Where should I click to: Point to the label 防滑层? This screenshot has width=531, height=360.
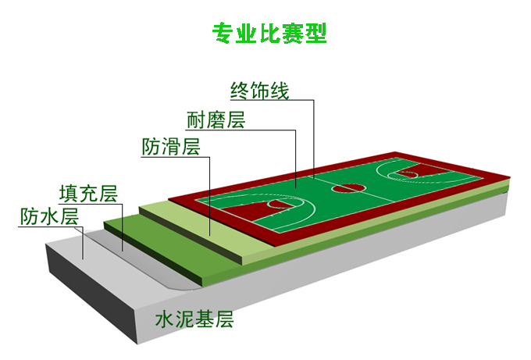click(x=171, y=147)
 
